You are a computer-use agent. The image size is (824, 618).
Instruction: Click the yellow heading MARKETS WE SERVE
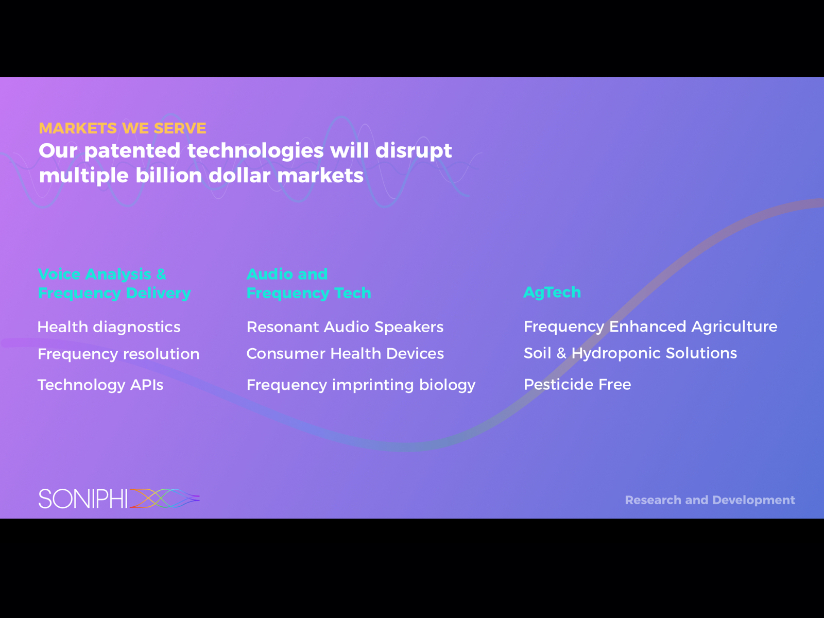pos(123,128)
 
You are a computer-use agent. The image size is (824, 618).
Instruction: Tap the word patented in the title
pos(132,151)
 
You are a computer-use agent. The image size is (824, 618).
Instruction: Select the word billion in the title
pos(169,175)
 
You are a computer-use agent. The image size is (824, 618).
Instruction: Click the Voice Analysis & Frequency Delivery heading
pos(114,284)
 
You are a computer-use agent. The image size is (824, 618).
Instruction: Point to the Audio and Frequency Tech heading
pos(308,284)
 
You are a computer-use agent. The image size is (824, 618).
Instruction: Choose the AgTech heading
pos(552,293)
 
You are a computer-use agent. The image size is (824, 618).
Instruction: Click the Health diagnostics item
pos(109,327)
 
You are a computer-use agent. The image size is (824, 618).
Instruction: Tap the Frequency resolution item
pos(118,354)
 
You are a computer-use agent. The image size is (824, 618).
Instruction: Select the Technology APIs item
pos(100,385)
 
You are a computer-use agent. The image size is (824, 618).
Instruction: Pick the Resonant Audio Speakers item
pos(345,327)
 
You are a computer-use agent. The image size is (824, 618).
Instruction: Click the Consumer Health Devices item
pos(345,353)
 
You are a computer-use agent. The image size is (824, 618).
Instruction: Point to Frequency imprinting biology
pos(361,385)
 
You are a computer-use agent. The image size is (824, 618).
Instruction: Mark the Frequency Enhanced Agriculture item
pos(650,327)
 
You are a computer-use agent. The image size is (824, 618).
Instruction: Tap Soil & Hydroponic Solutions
pos(630,353)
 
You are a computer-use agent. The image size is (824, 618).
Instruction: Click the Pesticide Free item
pos(577,385)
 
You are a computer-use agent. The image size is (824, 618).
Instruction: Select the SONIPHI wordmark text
pos(83,499)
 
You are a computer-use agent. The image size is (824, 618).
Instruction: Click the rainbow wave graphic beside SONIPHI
pos(164,499)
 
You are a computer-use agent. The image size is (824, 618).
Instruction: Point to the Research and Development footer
pos(710,500)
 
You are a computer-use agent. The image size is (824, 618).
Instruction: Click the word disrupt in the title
pos(414,151)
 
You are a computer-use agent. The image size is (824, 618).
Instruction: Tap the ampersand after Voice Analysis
pos(161,274)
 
